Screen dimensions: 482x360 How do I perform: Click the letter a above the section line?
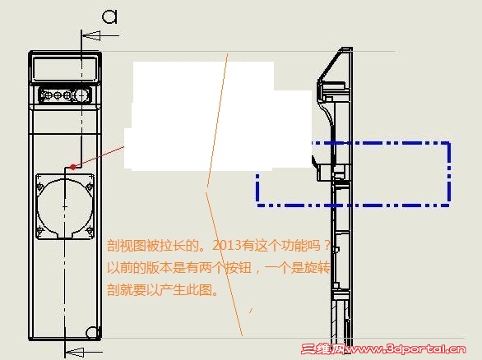pyautogui.click(x=109, y=16)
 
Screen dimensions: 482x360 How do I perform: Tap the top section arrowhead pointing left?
pyautogui.click(x=91, y=35)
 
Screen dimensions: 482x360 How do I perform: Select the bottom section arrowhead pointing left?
pyautogui.click(x=75, y=352)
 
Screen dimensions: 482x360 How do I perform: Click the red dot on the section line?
pyautogui.click(x=73, y=167)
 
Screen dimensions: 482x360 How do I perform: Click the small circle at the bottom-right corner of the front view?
pyautogui.click(x=92, y=332)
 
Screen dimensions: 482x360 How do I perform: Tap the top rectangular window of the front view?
pyautogui.click(x=64, y=69)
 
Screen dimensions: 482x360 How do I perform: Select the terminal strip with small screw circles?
pyautogui.click(x=65, y=95)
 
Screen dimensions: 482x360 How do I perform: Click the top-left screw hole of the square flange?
pyautogui.click(x=40, y=186)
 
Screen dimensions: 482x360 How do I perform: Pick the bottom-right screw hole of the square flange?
pyautogui.click(x=89, y=230)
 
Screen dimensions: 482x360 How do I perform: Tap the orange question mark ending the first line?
pyautogui.click(x=327, y=246)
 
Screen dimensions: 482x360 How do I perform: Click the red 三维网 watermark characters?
pyautogui.click(x=322, y=349)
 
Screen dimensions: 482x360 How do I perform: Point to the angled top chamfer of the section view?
pyautogui.click(x=330, y=64)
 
